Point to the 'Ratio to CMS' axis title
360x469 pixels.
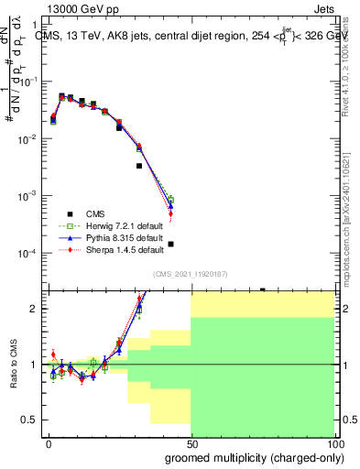tap(15, 365)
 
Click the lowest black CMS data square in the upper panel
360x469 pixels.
tap(170, 244)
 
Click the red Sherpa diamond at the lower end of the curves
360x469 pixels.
tap(170, 214)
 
